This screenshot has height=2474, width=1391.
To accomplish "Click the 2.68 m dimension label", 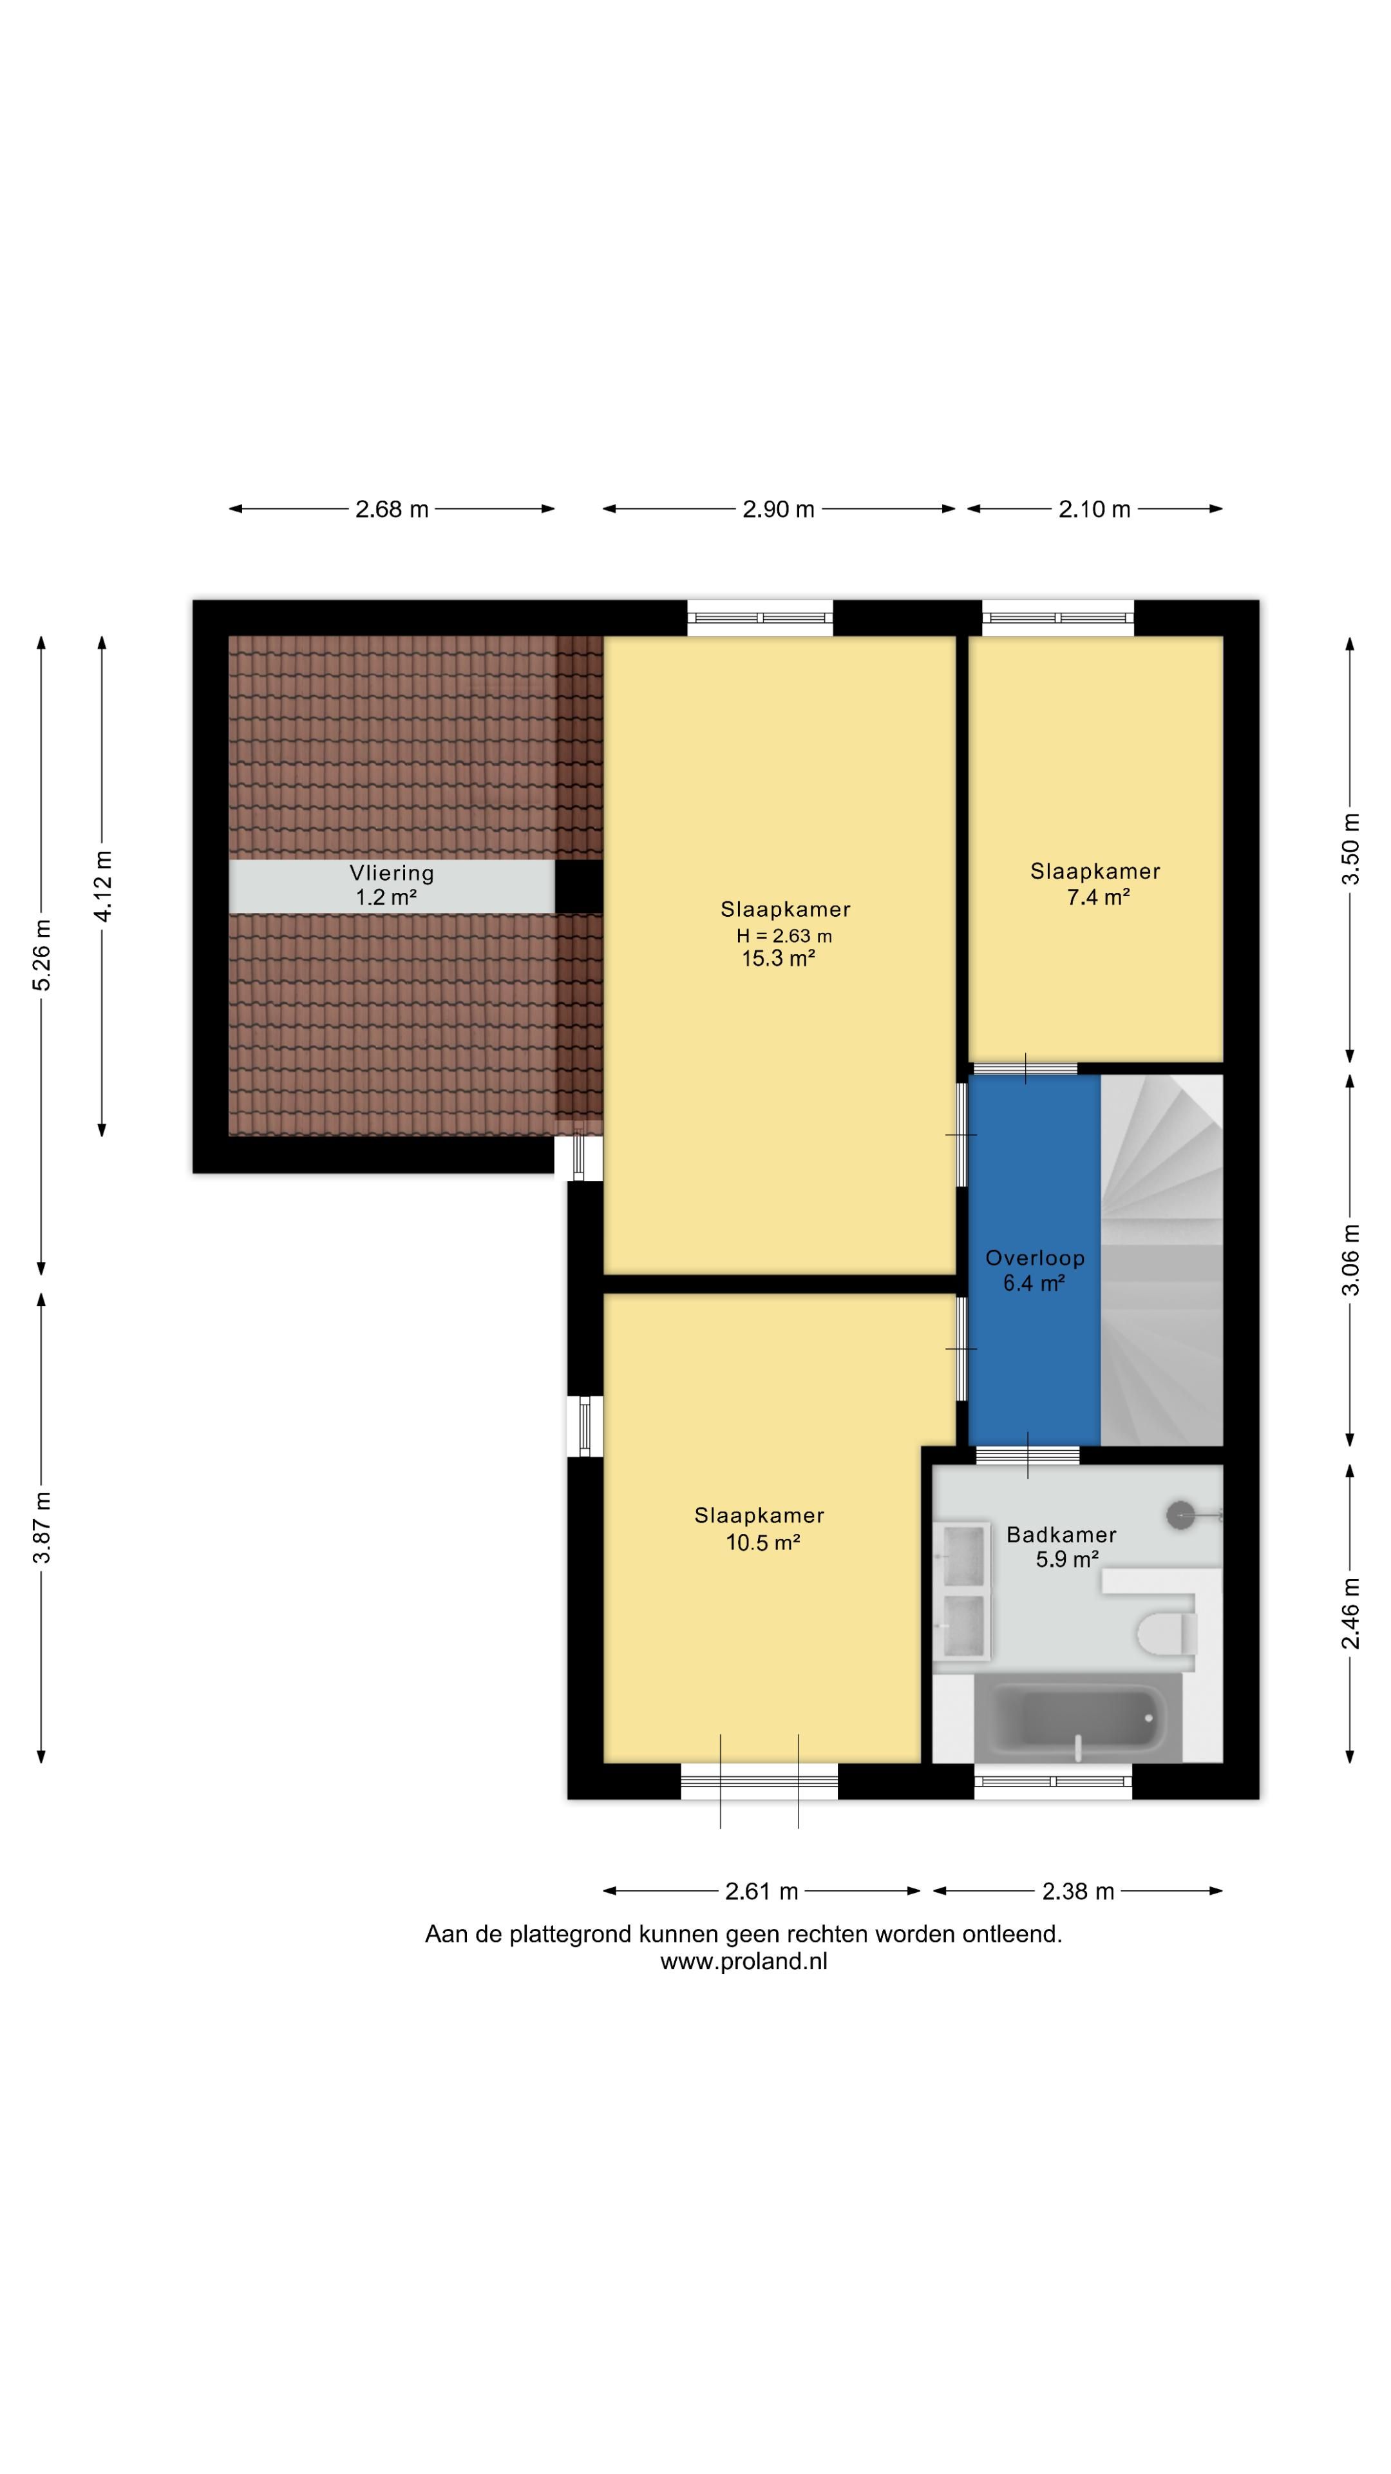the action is click(392, 509).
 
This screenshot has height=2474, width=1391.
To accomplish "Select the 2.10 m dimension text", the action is click(1094, 509).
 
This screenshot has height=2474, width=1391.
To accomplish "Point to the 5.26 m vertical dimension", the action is click(41, 955).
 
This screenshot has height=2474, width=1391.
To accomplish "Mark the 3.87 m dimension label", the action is click(41, 1527).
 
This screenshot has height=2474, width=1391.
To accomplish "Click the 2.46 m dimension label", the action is click(1350, 1613).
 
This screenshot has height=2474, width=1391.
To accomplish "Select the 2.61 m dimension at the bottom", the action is click(761, 1891).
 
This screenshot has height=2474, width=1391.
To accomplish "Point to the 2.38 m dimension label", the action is click(1078, 1891).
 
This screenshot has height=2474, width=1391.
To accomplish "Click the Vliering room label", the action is click(392, 873).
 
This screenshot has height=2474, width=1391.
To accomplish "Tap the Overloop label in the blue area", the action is click(1035, 1257).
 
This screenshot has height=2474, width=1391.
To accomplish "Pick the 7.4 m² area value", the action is click(1098, 897).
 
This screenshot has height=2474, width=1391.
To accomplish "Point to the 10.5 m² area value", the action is click(763, 1542).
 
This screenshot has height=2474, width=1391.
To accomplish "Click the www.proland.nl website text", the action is click(744, 1962).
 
